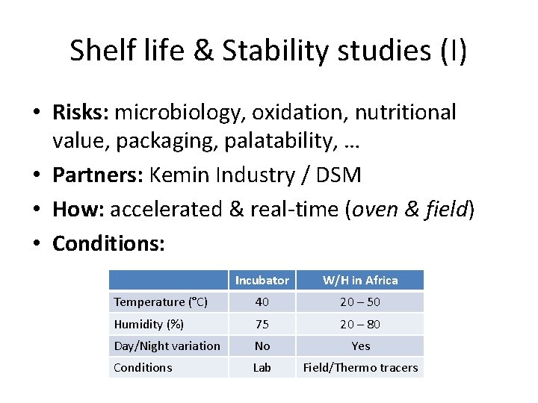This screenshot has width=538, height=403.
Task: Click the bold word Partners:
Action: tap(99, 175)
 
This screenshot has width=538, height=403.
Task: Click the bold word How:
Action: tap(78, 210)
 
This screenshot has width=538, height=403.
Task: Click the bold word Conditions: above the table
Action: tap(108, 244)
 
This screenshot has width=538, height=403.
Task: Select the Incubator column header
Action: tap(262, 281)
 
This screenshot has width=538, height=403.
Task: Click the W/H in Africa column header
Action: tap(360, 281)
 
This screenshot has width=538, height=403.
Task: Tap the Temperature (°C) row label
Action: tap(161, 302)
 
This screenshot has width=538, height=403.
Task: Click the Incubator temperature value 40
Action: tap(262, 302)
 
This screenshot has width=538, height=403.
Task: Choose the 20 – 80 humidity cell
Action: tap(360, 324)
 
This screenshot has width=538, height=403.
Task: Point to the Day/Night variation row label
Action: tap(167, 346)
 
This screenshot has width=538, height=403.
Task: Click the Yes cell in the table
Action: tap(360, 346)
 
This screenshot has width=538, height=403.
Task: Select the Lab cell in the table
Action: tap(262, 367)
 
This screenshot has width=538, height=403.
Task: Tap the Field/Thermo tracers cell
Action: tap(360, 367)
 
